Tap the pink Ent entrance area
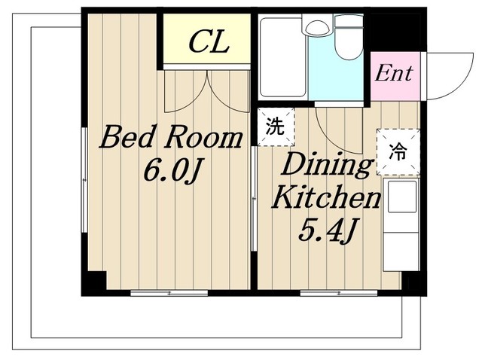[395, 76]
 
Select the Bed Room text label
[171, 138]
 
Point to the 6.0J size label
[172, 171]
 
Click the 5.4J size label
[327, 230]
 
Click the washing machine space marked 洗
[276, 127]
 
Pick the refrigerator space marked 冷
[398, 152]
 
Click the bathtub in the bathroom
[282, 57]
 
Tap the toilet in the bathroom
[349, 37]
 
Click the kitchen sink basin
[402, 197]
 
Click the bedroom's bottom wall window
[169, 293]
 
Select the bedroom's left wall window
[84, 180]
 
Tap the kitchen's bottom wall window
[339, 293]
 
